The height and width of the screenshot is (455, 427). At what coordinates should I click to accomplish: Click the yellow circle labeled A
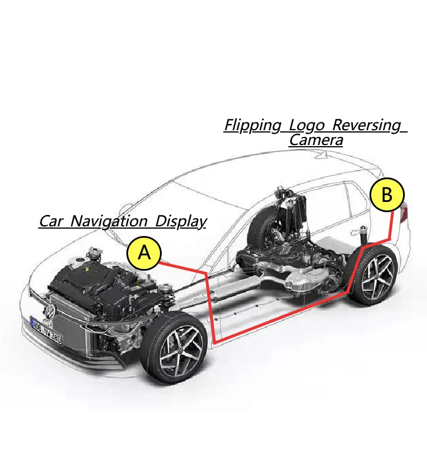144,252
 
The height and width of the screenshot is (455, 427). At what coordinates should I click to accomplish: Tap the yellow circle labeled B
387,195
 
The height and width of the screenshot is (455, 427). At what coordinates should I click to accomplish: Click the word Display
180,221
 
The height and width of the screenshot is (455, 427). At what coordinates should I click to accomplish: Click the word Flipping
253,125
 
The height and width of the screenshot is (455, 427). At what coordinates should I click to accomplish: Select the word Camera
316,140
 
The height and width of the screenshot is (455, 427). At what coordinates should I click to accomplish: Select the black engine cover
94,284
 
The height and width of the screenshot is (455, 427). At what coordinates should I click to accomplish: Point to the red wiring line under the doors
279,318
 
